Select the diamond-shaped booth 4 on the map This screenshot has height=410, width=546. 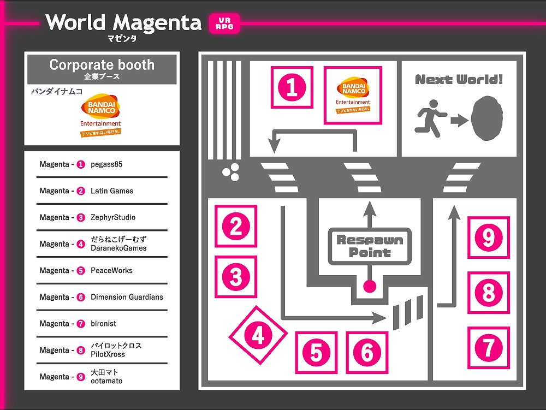pyautogui.click(x=258, y=335)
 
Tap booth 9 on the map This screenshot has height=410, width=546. pyautogui.click(x=488, y=237)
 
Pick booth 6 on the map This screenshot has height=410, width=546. pyautogui.click(x=367, y=353)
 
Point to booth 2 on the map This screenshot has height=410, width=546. pyautogui.click(x=236, y=227)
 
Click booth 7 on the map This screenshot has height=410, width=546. pyautogui.click(x=488, y=347)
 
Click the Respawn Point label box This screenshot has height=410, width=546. pyautogui.click(x=370, y=246)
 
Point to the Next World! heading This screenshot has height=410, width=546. pyautogui.click(x=459, y=80)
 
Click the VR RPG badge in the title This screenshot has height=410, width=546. pyautogui.click(x=224, y=23)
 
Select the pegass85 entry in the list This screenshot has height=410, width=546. pyautogui.click(x=106, y=164)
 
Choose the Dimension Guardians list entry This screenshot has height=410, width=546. pyautogui.click(x=127, y=297)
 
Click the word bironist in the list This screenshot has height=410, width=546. pyautogui.click(x=103, y=324)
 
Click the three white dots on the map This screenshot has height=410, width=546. pyautogui.click(x=230, y=173)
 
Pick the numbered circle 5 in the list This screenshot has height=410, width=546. pyautogui.click(x=81, y=271)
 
